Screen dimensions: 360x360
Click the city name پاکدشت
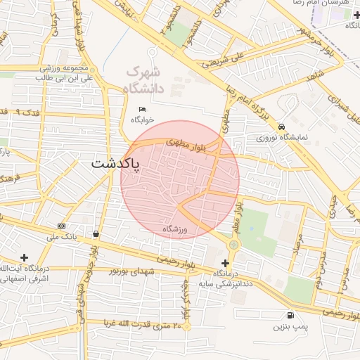(115, 163)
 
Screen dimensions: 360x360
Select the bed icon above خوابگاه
(143, 109)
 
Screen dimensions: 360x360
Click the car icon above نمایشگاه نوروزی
(281, 127)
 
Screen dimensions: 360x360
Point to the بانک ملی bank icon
(62, 226)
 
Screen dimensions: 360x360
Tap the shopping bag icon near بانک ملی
(96, 233)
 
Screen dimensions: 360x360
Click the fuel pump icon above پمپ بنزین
(290, 316)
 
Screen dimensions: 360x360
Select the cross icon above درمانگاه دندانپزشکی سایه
(225, 262)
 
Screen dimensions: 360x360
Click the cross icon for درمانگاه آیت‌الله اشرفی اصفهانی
(25, 258)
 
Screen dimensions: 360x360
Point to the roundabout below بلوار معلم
(233, 244)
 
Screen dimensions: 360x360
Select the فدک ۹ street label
(28, 112)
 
